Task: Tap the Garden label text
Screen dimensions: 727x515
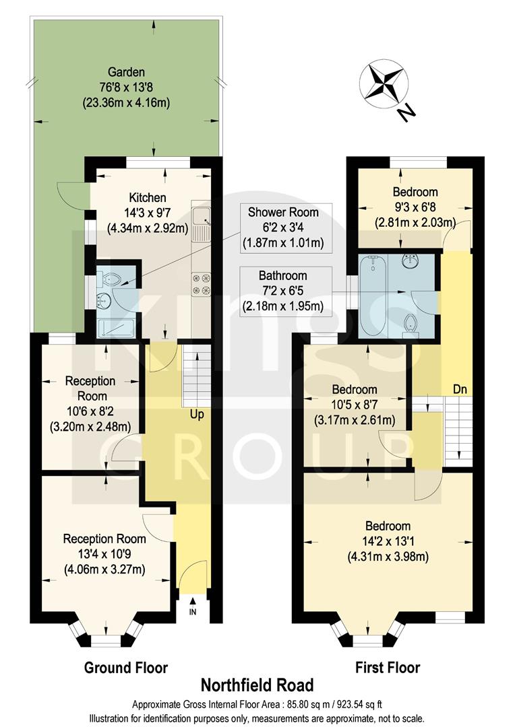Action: (x=129, y=72)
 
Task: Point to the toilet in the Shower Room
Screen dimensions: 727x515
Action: (x=109, y=277)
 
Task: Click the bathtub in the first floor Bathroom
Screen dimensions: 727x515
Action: (x=371, y=296)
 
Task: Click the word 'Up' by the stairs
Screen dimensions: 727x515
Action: (x=197, y=415)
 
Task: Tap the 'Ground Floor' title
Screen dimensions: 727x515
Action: (x=125, y=668)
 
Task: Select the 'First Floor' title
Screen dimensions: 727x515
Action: (x=388, y=668)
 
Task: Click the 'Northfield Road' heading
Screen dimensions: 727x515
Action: (x=257, y=685)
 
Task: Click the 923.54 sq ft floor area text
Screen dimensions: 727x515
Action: (x=354, y=704)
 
